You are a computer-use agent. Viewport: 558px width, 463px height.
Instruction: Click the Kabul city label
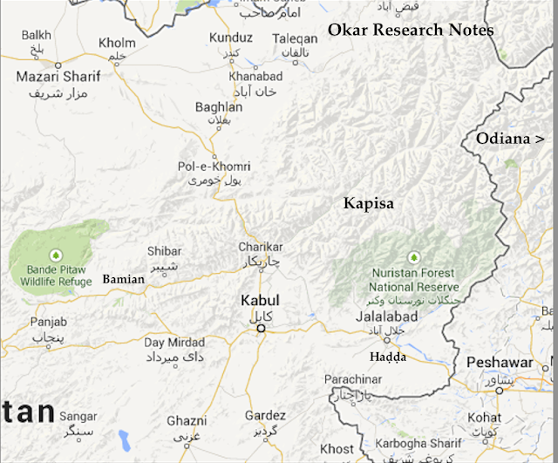point(261,301)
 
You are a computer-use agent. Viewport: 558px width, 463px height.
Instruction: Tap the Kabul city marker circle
point(260,329)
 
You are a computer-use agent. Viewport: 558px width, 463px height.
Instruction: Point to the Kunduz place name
point(230,39)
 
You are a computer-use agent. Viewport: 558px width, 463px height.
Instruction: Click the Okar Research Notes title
point(411,31)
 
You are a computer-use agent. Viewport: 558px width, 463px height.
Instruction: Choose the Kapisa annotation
point(368,203)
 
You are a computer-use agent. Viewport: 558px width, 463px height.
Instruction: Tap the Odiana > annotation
point(510,139)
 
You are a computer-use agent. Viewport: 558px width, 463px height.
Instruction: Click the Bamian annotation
point(123,279)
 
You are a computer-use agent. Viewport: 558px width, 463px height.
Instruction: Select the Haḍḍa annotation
point(388,357)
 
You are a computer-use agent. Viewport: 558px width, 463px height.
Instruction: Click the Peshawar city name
point(499,362)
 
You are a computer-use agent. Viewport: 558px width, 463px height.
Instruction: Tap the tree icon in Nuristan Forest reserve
point(414,257)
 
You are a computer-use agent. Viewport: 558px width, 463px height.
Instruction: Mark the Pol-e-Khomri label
point(214,166)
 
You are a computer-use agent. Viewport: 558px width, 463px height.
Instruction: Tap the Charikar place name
point(262,247)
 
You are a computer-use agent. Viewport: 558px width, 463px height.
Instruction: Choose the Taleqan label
point(295,39)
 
